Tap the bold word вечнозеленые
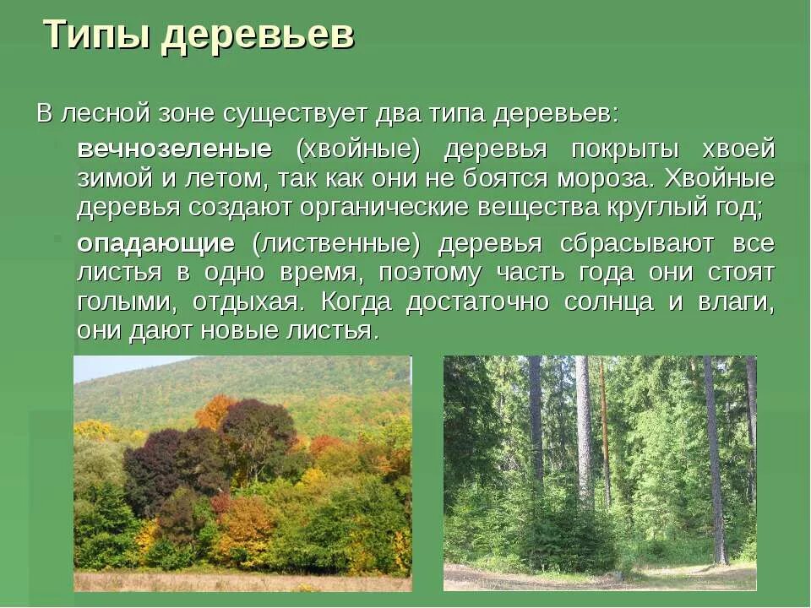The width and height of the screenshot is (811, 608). coord(175,149)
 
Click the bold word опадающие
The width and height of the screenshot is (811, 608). coord(156,244)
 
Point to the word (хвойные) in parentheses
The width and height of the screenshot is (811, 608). coord(357,149)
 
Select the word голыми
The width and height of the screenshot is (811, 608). coord(124,301)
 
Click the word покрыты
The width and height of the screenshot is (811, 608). coord(625,149)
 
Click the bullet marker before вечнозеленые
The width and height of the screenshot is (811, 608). coord(62,144)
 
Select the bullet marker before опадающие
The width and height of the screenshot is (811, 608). coord(62,239)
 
